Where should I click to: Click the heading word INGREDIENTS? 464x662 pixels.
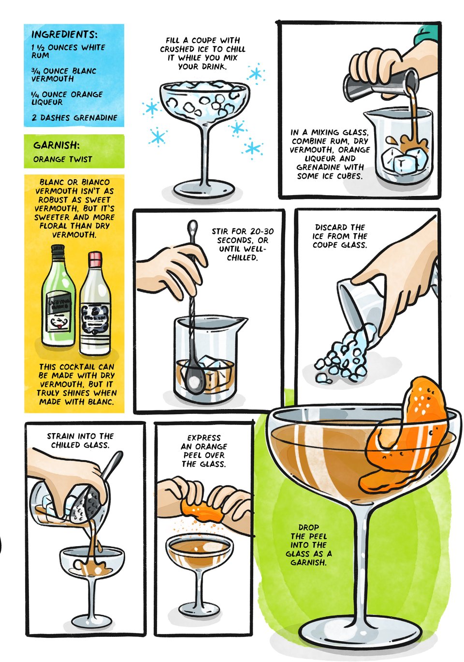(64, 35)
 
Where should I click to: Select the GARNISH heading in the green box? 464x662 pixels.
(57, 145)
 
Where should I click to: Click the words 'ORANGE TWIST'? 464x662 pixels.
(62, 159)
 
